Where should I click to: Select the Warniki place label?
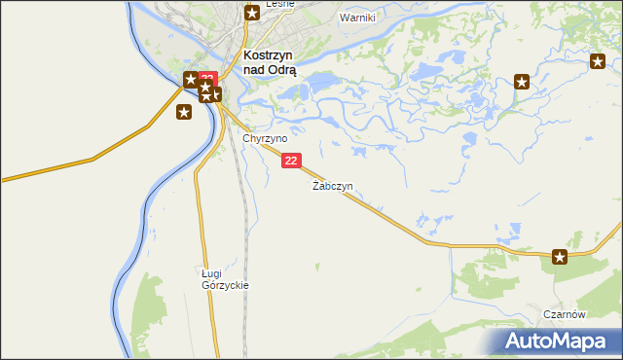357,18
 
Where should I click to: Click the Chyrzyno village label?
264,139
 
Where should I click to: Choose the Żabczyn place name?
332,185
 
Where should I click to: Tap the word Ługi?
213,274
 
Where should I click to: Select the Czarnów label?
565,314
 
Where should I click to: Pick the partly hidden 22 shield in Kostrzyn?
207,77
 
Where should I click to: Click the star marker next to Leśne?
251,13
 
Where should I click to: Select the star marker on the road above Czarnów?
560,257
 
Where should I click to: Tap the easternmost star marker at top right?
598,62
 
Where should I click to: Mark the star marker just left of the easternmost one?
523,82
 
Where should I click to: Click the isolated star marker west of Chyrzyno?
184,112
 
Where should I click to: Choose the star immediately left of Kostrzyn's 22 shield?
191,80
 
